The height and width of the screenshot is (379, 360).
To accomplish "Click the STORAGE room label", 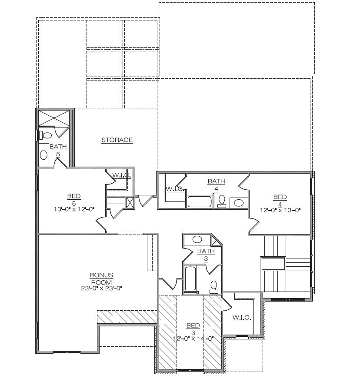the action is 117,140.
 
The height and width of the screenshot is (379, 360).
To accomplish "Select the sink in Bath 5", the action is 44,155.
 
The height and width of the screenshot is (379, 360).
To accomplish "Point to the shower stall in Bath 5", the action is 54,118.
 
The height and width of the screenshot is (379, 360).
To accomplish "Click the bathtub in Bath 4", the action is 200,201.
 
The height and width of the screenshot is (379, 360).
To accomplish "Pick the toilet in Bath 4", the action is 222,201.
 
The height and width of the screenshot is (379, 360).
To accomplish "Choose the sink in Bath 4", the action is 239,203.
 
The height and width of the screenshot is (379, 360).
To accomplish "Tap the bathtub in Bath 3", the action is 190,278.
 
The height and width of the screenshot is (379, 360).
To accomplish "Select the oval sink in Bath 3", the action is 197,239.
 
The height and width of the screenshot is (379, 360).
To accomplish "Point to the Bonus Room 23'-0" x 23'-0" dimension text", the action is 102,288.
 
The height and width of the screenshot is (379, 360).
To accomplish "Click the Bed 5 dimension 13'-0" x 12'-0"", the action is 74,209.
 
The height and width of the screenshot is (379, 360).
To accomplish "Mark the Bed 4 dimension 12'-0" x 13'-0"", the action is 280,210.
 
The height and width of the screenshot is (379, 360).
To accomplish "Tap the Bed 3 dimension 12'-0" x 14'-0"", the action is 193,339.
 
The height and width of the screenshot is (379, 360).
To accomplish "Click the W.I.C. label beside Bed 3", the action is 242,317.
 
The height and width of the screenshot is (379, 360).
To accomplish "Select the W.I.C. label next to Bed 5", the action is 121,175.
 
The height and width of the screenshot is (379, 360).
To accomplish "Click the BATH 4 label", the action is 217,185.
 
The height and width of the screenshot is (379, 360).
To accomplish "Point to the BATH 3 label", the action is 206,255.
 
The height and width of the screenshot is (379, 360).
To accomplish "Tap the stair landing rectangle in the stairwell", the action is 273,264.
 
